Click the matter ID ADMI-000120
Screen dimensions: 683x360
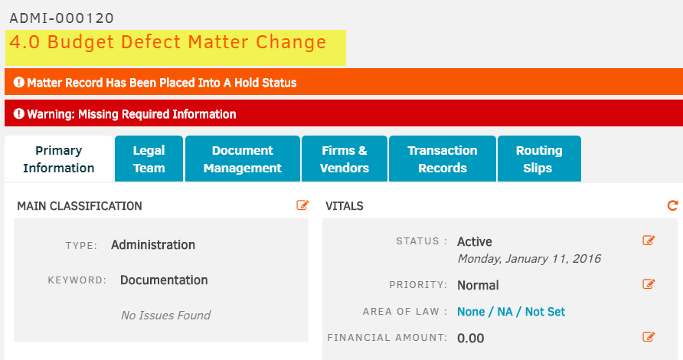click(61, 18)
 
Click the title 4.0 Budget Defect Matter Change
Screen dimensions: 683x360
click(168, 42)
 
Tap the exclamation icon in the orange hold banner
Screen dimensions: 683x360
click(18, 82)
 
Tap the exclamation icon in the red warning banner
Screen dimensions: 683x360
click(18, 114)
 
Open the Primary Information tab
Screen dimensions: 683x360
click(59, 159)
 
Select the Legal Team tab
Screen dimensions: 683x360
click(149, 159)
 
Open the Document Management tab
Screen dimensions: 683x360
click(243, 159)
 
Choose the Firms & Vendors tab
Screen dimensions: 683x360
click(345, 159)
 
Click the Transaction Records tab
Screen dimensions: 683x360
click(443, 159)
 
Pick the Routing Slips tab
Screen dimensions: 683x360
click(539, 159)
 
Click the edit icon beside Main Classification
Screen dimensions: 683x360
click(302, 205)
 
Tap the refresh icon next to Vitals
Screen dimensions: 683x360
click(672, 205)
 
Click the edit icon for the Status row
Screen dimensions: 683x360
click(649, 241)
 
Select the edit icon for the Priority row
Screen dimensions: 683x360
click(649, 284)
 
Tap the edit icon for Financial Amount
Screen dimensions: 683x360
click(649, 337)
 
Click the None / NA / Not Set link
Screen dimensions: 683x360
click(511, 312)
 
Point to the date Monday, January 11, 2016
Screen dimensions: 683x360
click(529, 259)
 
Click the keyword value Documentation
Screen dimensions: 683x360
click(164, 280)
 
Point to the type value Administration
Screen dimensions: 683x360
click(153, 245)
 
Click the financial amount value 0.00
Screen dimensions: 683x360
click(470, 339)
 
